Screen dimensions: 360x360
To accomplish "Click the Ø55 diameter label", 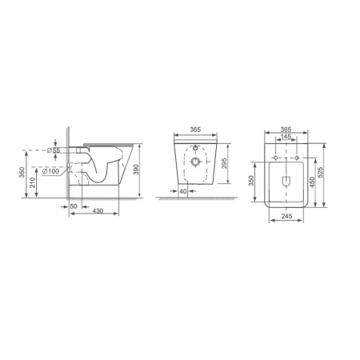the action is coord(54,150).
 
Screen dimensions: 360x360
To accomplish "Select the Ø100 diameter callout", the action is coord(50,171).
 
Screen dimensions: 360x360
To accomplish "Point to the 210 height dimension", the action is coord(33,183).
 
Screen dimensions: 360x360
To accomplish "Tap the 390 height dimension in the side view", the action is coord(136,170).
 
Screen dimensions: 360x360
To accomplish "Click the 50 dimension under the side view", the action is coord(74,206).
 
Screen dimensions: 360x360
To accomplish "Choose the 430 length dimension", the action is coord(98,211).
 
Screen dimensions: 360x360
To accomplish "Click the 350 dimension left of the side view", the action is coord(22,172).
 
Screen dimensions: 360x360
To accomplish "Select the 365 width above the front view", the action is coord(195,130).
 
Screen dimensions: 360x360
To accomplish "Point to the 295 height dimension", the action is coord(224,163).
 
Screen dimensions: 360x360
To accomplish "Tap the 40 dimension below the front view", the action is coord(183,191).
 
